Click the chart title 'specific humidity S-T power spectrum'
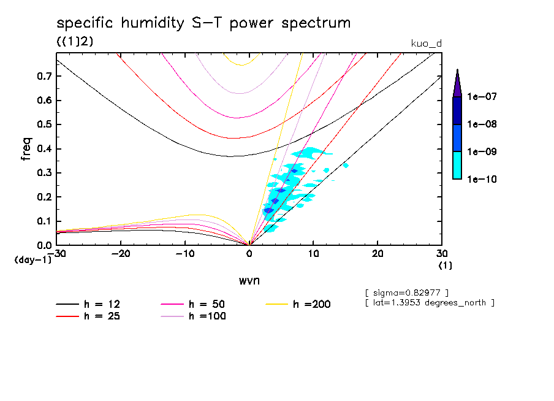[203, 23]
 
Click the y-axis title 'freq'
[26, 149]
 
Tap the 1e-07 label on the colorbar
[482, 97]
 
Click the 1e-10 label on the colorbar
[482, 179]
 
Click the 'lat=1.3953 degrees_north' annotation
[429, 302]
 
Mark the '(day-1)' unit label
[33, 260]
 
